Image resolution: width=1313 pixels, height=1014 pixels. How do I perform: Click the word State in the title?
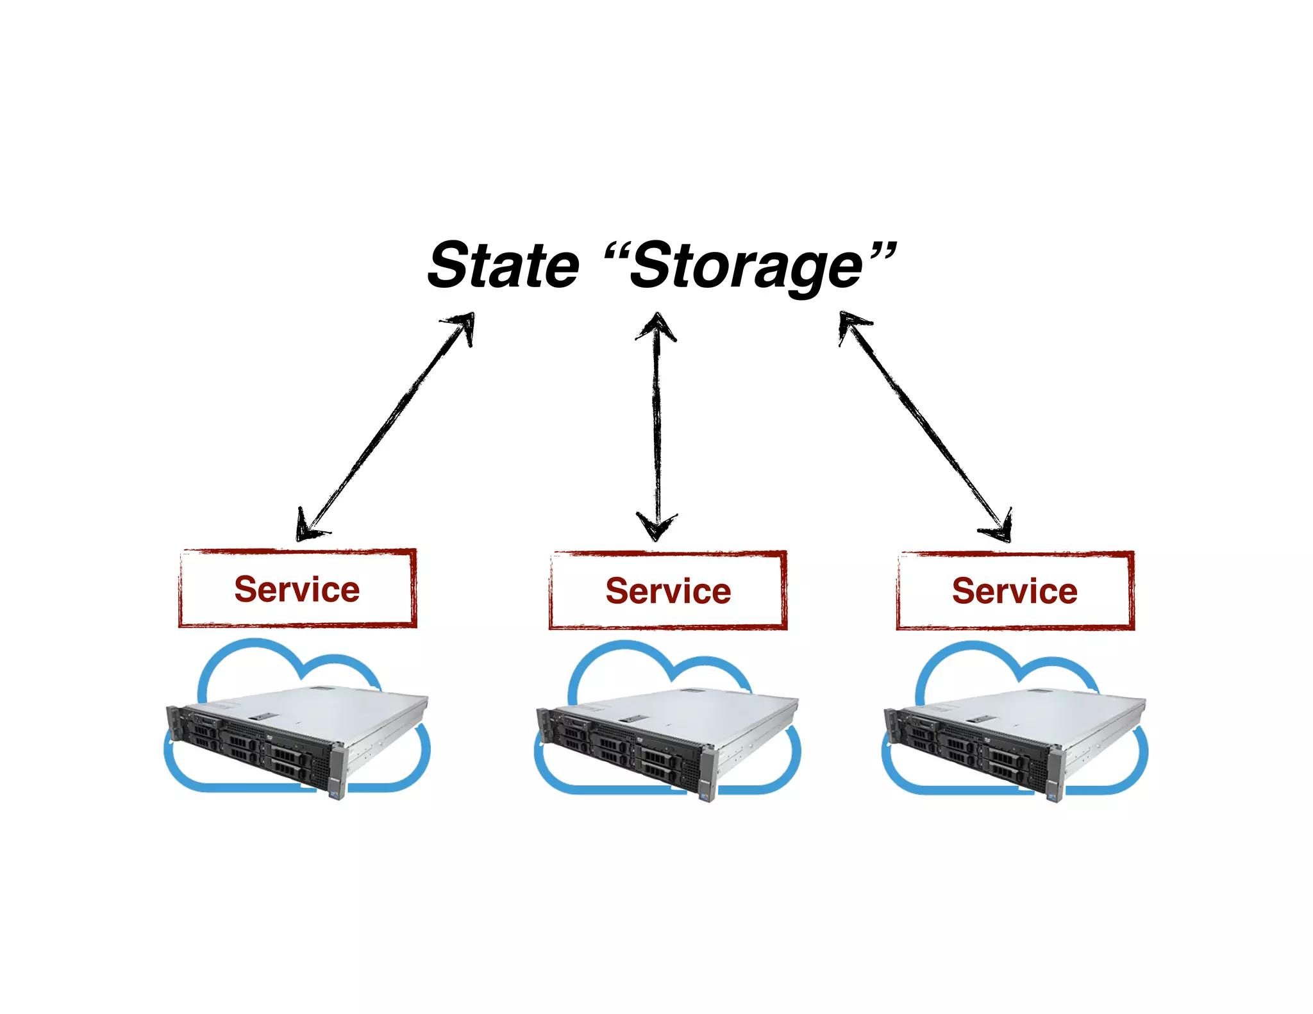tap(504, 265)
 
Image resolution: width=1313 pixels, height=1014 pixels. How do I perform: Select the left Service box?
tap(297, 588)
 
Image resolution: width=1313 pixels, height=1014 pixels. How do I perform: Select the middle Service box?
tap(668, 590)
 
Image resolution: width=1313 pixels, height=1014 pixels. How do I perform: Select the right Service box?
tap(1015, 590)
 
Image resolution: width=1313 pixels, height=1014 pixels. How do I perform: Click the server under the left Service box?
tap(295, 737)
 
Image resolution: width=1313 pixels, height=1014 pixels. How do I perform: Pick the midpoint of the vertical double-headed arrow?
tap(656, 426)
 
